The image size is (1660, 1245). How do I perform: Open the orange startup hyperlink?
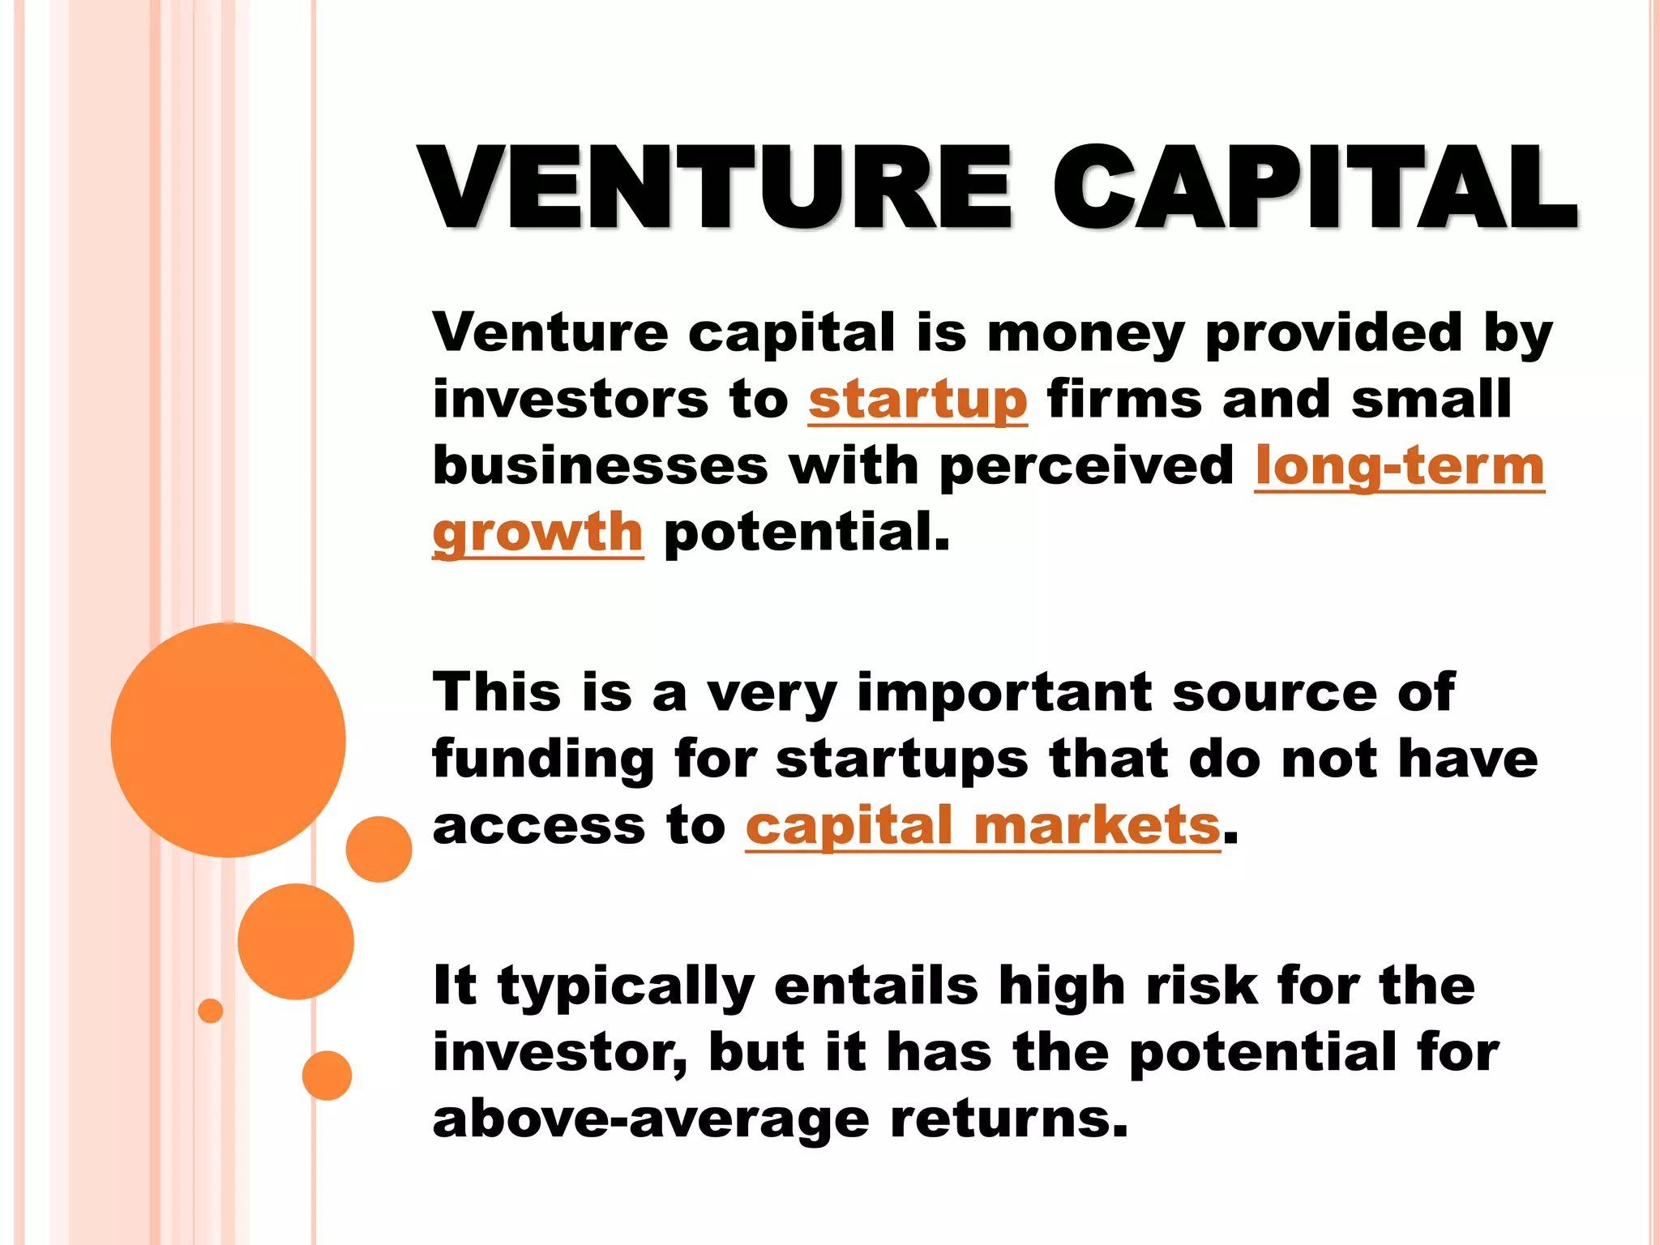pyautogui.click(x=918, y=400)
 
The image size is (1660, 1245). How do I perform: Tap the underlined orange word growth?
pyautogui.click(x=537, y=533)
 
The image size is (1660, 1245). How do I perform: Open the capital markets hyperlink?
pyautogui.click(x=982, y=826)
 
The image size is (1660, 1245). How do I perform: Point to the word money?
pyautogui.click(x=1086, y=333)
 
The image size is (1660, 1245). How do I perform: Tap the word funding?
pyautogui.click(x=542, y=759)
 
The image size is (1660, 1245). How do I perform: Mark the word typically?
pyautogui.click(x=626, y=986)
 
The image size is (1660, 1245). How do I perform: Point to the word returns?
pyautogui.click(x=1008, y=1119)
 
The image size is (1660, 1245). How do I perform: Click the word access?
pyautogui.click(x=538, y=826)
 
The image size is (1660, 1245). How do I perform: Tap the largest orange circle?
pyautogui.click(x=228, y=739)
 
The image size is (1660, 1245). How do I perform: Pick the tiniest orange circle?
pyautogui.click(x=210, y=1011)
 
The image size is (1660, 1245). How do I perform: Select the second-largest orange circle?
pyautogui.click(x=296, y=941)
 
